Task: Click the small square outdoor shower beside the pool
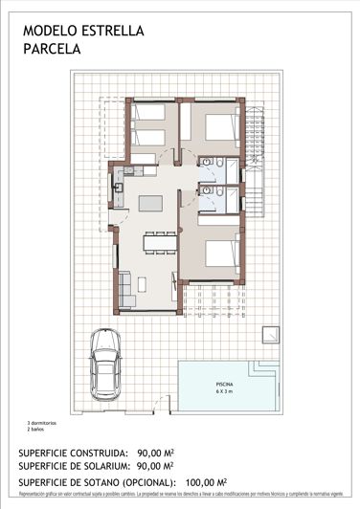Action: point(271,335)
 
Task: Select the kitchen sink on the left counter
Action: point(119,188)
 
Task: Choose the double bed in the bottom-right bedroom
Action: point(220,255)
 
